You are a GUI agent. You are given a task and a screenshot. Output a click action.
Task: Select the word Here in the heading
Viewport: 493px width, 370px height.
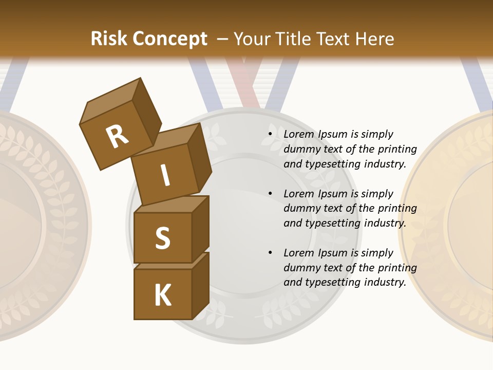click(x=374, y=39)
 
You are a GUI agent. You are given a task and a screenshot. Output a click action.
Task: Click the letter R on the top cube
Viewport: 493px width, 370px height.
click(x=118, y=136)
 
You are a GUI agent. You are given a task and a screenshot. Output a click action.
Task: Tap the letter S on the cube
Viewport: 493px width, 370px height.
click(x=162, y=238)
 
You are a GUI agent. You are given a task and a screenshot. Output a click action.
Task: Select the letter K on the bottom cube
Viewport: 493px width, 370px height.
click(x=163, y=295)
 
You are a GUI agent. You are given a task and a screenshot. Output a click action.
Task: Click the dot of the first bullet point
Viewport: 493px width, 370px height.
click(x=270, y=135)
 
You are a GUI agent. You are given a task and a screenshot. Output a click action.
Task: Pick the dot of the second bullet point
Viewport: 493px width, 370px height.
click(x=270, y=194)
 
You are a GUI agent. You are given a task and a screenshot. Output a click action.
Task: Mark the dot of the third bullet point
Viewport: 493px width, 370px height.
click(x=270, y=253)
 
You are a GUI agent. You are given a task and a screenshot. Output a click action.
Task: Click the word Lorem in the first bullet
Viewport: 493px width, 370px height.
click(x=299, y=134)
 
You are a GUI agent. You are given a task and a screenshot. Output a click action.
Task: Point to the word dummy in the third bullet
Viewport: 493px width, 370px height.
click(x=301, y=268)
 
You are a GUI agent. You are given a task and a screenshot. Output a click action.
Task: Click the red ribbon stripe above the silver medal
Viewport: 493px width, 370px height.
click(x=241, y=77)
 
